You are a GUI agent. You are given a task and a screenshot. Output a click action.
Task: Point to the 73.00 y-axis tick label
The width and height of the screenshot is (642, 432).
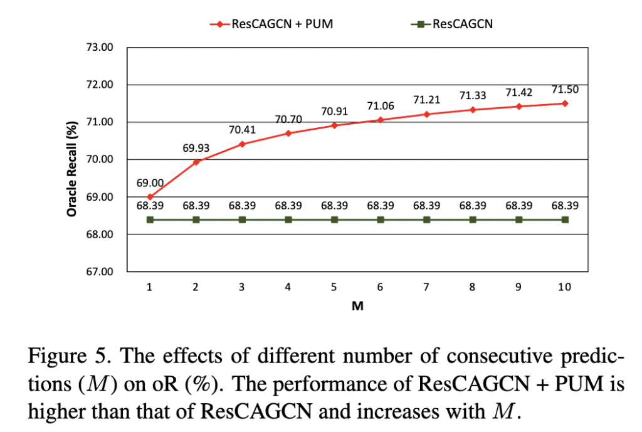pos(99,47)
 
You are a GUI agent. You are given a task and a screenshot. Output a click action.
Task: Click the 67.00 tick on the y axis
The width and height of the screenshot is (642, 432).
pos(99,271)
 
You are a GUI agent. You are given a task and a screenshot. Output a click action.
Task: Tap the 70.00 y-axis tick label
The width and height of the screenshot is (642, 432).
pos(99,159)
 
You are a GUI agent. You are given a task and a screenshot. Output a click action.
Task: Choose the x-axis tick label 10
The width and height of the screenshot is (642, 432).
pos(564,287)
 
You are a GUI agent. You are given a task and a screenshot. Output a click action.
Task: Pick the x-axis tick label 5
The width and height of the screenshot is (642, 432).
pos(334,287)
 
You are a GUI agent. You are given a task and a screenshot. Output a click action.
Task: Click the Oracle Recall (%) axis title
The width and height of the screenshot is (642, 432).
pos(71,167)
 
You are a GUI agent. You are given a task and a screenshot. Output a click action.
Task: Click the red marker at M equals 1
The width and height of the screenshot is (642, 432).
pos(150,197)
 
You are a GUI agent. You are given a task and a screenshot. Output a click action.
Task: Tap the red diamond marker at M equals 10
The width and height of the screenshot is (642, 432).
pos(565,103)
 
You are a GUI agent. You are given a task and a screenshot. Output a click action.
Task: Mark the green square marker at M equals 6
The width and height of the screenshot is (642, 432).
pos(381,219)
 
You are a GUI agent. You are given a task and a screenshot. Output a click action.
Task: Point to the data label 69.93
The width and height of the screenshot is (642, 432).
pos(196,149)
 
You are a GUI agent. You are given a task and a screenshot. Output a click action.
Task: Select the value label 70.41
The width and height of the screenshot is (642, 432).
pos(242,131)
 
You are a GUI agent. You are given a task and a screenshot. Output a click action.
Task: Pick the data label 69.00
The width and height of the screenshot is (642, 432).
pos(150,183)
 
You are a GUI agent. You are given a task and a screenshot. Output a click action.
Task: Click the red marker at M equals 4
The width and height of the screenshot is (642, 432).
pos(288,133)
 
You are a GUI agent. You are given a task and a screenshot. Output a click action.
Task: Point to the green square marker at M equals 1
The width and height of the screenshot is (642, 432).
pos(150,219)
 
